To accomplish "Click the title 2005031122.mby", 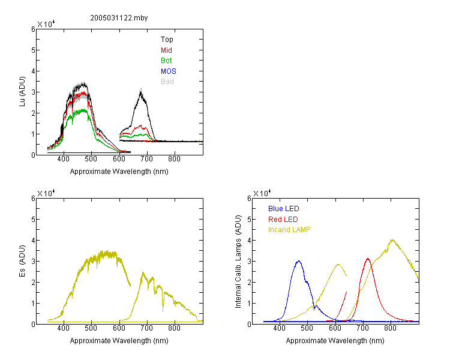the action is point(119,18).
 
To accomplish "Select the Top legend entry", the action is point(167,40).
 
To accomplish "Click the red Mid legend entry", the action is point(166,50).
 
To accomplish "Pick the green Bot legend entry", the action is point(166,61).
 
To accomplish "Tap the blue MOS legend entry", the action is point(169,71).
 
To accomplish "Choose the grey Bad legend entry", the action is point(167,82).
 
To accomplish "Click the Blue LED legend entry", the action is point(284,209).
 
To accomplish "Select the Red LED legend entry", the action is point(283,220).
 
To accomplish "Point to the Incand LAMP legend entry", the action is point(289,230).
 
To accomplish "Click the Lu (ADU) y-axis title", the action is point(22,92).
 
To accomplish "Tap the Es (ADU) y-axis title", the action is point(22,261).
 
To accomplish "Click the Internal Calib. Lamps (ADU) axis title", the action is point(238,262).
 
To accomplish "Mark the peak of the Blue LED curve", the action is point(299,261).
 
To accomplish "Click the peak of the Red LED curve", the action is point(368,259).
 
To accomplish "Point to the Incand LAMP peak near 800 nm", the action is point(392,240).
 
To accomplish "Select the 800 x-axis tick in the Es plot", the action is point(174,328).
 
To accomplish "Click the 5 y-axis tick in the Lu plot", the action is point(33,50).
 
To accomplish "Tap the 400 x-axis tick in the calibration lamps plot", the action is point(280,328).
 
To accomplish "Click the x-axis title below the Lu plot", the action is point(119,172).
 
